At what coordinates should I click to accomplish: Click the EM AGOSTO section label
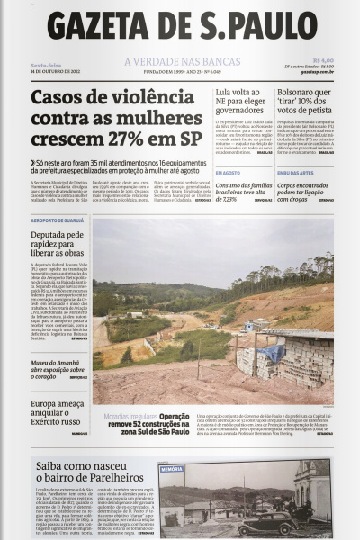point(228,172)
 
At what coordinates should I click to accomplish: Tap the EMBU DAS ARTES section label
point(294,172)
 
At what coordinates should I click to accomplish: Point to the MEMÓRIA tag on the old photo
point(172,469)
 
